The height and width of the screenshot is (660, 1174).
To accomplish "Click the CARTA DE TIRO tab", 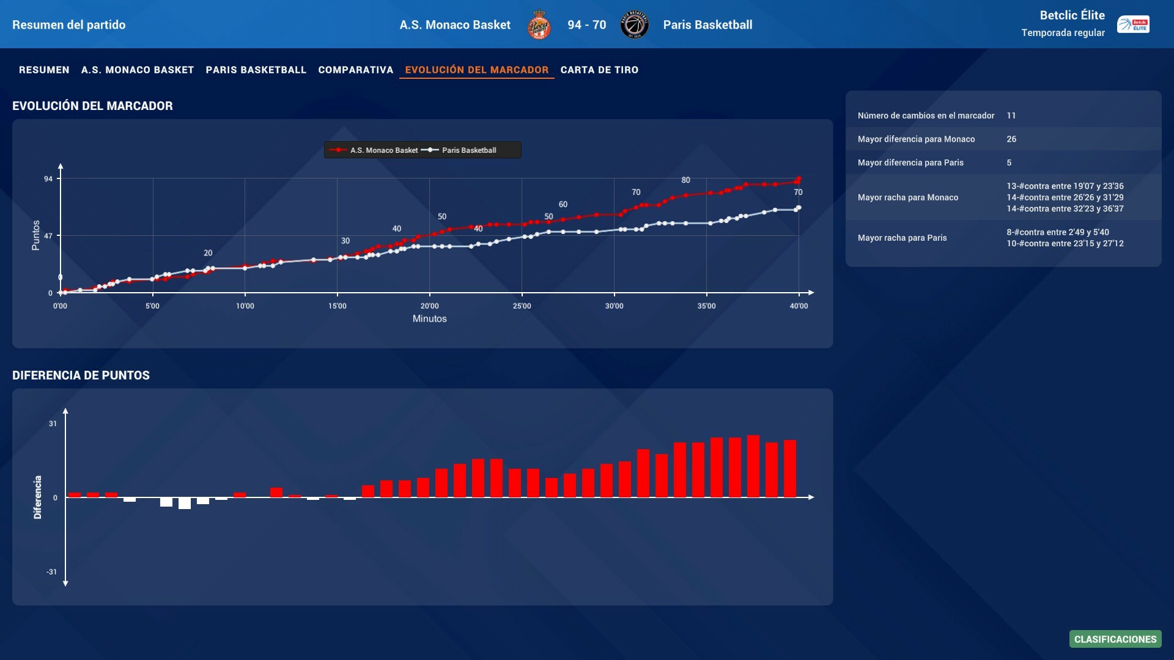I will coord(599,70).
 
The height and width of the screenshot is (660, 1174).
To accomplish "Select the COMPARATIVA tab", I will coord(355,70).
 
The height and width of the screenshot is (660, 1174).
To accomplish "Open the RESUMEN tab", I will coord(44,70).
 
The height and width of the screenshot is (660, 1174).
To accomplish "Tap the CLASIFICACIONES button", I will coord(1115,639).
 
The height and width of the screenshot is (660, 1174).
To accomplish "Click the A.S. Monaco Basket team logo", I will coord(539,25).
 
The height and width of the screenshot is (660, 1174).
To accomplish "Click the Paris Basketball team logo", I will coord(634,25).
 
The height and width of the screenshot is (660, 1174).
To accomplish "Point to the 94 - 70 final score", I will coord(586,25).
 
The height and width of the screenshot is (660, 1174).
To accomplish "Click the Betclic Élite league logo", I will coord(1133,24).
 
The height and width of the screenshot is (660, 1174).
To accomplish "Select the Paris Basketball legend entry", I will coord(468,150).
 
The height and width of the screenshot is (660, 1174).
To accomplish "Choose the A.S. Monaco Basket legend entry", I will coord(383,150).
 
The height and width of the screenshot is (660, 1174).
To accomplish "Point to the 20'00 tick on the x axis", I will coord(429,306).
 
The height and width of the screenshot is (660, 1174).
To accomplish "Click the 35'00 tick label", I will coord(706,306).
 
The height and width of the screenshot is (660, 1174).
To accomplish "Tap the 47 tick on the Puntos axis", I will coord(48,236).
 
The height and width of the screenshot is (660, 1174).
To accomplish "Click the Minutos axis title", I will coord(429,319).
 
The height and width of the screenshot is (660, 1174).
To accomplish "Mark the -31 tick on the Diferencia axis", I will coord(52,572).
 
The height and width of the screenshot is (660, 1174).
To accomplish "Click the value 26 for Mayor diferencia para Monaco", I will coord(1011,139).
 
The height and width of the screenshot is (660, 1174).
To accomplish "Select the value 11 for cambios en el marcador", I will coord(1011,116).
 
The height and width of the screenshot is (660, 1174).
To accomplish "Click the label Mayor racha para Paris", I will coord(902,238).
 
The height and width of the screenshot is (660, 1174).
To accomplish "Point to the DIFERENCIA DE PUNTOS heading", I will coord(81,375).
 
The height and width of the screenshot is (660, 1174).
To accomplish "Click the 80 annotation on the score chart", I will coord(685,180).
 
